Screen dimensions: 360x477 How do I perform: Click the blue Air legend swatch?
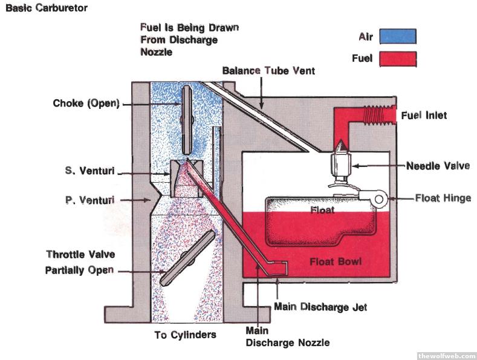coord(398,37)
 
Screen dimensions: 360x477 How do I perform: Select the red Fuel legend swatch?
coord(398,59)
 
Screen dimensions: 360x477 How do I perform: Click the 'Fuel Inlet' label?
coord(424,115)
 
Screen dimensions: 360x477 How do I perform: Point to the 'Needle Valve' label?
coord(438,166)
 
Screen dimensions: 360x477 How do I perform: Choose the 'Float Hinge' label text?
coord(443,198)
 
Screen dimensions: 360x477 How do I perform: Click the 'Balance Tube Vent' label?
coord(268,71)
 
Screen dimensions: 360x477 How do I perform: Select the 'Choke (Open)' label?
coord(86,103)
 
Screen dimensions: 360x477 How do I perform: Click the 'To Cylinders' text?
coord(186,334)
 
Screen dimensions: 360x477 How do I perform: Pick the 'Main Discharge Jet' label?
coord(320,307)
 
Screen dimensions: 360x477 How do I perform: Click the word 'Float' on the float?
coord(322,210)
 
